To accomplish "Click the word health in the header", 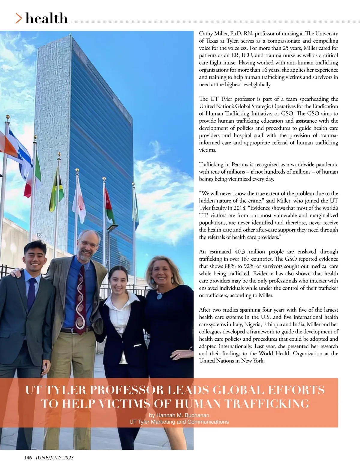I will coord(46,18).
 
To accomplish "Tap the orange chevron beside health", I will coord(19,19).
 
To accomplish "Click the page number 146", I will coord(28,458).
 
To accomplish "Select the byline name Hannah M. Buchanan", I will coord(179,415).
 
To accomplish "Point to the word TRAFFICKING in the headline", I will coord(266,404).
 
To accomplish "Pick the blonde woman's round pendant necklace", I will coord(160,296).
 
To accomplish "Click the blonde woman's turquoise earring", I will coord(153,282).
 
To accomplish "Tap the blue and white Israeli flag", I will coord(22,156).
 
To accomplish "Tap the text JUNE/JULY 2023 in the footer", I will coord(54,458).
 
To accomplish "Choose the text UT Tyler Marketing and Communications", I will coord(179,422).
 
